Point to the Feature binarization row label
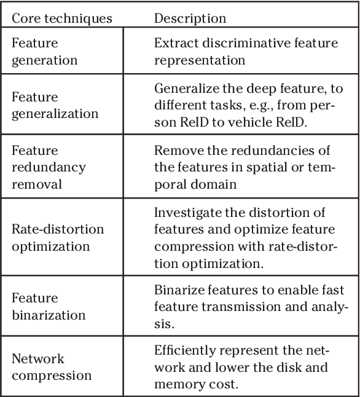(49, 307)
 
